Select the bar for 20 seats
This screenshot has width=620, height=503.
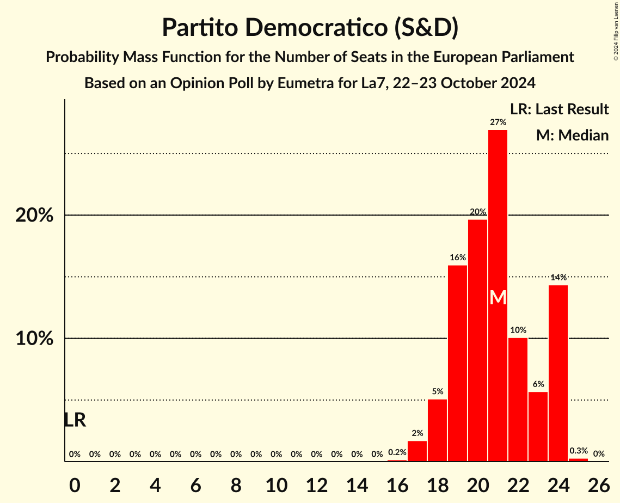[x=477, y=340]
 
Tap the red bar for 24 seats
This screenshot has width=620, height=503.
[x=558, y=373]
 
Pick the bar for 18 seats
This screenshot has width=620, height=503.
[x=437, y=430]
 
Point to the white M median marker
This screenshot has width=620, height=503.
[x=498, y=298]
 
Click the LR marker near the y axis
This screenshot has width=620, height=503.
[x=75, y=420]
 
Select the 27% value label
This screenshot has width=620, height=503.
[x=498, y=122]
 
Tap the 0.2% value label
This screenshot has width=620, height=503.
[x=397, y=452]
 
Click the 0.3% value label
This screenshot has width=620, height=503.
[x=578, y=451]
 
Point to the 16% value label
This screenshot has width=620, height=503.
[x=457, y=257]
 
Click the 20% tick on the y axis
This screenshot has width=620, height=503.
[x=34, y=216]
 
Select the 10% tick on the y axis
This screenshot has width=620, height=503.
[x=34, y=339]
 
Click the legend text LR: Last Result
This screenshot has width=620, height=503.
[x=559, y=109]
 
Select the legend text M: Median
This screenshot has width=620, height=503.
[x=572, y=135]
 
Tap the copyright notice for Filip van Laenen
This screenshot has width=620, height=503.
[x=616, y=30]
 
